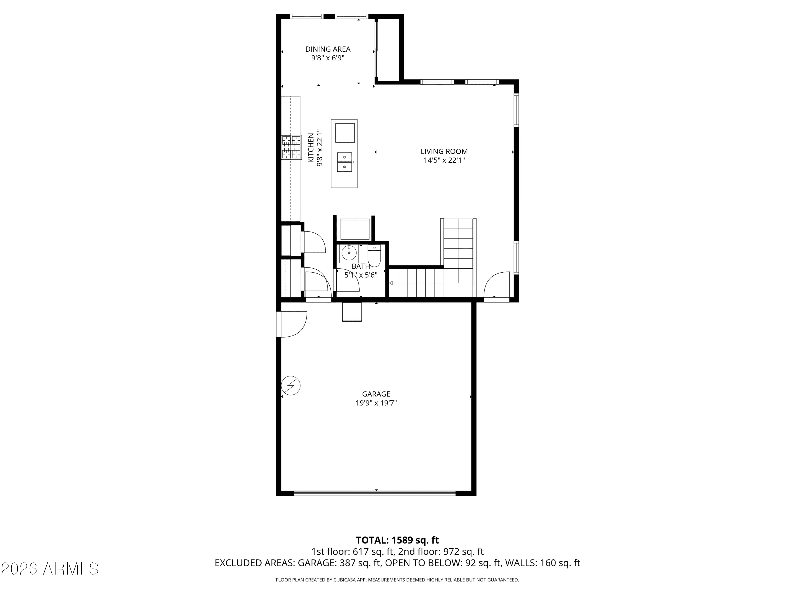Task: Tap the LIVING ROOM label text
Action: tap(444, 152)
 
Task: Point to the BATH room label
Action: tap(361, 266)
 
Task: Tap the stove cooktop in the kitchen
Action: tap(291, 147)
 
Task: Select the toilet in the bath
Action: tap(374, 256)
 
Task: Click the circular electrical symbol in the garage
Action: tap(291, 386)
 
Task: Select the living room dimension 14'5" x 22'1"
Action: tap(444, 161)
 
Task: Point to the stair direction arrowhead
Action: tap(391, 283)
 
